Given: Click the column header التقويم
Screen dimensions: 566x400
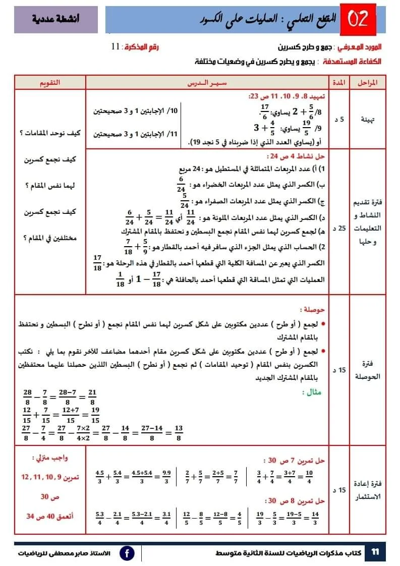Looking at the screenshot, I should click(49, 82).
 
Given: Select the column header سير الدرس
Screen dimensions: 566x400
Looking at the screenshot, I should click(208, 82).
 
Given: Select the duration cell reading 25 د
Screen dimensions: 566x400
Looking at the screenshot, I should click(339, 229).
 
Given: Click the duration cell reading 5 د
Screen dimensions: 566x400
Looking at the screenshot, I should click(339, 120).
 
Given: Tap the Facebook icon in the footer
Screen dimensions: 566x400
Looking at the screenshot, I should click(127, 553).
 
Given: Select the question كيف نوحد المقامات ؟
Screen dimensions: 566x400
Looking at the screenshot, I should click(50, 133).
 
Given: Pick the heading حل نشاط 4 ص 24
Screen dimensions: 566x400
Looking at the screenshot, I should click(299, 156).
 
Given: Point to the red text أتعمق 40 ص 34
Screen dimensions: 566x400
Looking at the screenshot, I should click(50, 516).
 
